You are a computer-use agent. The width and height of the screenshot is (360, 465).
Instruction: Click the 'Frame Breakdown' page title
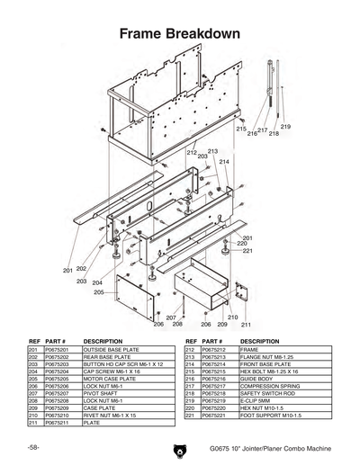180,34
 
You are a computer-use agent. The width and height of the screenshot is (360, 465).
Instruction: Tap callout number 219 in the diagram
285,128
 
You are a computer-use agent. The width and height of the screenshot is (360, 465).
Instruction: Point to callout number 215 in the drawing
241,130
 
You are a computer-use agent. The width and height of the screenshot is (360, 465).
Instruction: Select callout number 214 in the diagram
224,162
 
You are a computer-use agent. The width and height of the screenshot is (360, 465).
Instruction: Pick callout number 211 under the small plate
246,324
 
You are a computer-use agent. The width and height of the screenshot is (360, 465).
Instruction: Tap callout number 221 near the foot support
245,250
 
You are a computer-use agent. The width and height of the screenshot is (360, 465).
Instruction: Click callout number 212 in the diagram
192,153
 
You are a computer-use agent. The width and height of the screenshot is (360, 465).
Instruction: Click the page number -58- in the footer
32,447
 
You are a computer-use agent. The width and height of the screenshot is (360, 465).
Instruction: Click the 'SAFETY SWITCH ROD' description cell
269,393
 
